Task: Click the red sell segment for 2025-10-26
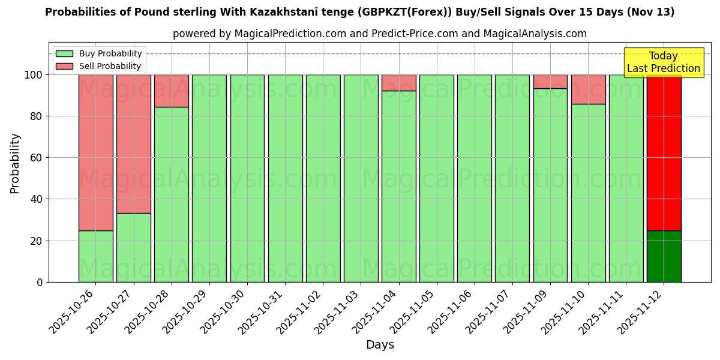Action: [x=95, y=152]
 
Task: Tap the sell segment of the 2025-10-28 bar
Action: [x=172, y=91]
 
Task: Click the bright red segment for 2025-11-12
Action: [x=664, y=152]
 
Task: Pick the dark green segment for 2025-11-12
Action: [x=664, y=256]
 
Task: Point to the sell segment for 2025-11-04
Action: [x=398, y=83]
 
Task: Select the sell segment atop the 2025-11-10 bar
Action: [x=588, y=89]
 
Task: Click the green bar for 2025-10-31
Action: [x=285, y=178]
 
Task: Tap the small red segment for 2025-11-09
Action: [x=550, y=82]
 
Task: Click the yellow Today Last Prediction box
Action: [x=663, y=62]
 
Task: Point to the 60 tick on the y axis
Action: [x=39, y=158]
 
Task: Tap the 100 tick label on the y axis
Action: [x=34, y=75]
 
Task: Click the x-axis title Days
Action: [x=380, y=345]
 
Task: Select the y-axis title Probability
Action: [x=15, y=163]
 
